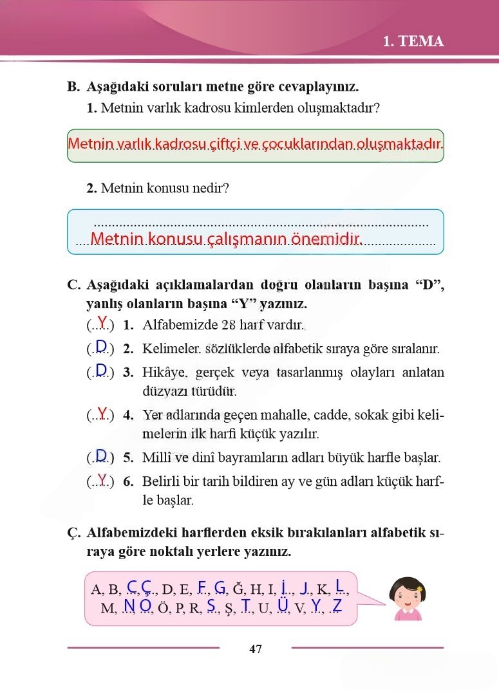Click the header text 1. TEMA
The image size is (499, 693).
tap(413, 42)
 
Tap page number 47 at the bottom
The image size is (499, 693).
tap(256, 649)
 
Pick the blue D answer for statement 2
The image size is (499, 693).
tap(101, 347)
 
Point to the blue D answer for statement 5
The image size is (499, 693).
tap(101, 457)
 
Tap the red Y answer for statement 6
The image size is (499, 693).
tap(102, 479)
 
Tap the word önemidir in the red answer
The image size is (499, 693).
tap(325, 240)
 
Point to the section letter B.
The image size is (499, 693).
tap(73, 87)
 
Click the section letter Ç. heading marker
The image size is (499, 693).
tap(73, 533)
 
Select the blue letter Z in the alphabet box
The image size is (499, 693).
tap(336, 605)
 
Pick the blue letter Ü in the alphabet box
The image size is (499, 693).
tap(282, 605)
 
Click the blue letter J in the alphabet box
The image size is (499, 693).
tap(305, 587)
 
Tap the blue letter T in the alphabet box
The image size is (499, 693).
tap(246, 605)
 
